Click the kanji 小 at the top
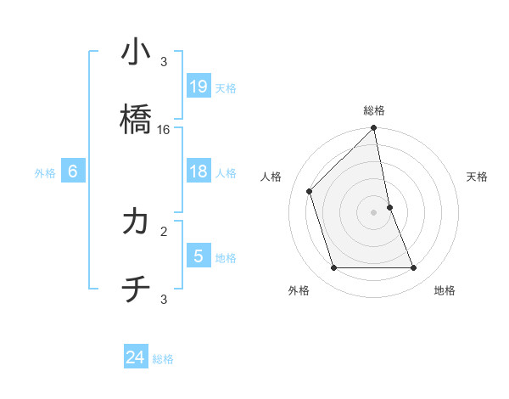pyautogui.click(x=136, y=53)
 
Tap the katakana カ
pyautogui.click(x=136, y=222)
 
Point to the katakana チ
pyautogui.click(x=136, y=290)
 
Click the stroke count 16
pyautogui.click(x=164, y=130)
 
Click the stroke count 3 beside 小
pyautogui.click(x=164, y=62)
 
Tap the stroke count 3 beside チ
pyautogui.click(x=164, y=299)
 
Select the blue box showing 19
pyautogui.click(x=198, y=87)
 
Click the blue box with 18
pyautogui.click(x=198, y=171)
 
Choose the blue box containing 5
pyautogui.click(x=198, y=256)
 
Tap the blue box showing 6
pyautogui.click(x=73, y=171)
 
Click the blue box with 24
pyautogui.click(x=136, y=357)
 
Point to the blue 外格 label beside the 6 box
pyautogui.click(x=45, y=172)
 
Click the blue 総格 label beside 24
pyautogui.click(x=163, y=359)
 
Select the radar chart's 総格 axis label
pyautogui.click(x=374, y=110)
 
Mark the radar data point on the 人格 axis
pyautogui.click(x=310, y=191)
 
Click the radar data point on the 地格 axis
pyautogui.click(x=414, y=268)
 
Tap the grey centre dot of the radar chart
pyautogui.click(x=374, y=212)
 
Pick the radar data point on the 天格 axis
pyautogui.click(x=390, y=207)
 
